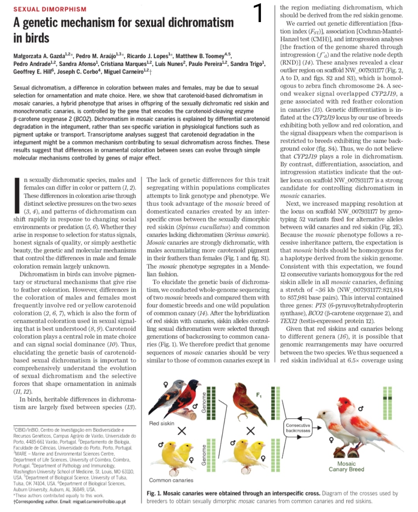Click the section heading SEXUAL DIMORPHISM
[x=50, y=9]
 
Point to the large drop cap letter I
[x=17, y=196]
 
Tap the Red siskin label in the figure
[x=161, y=423]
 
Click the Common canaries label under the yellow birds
[x=171, y=480]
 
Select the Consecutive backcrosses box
[x=298, y=428]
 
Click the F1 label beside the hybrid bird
[x=259, y=395]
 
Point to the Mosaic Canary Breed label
[x=346, y=466]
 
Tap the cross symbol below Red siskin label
[x=182, y=431]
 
